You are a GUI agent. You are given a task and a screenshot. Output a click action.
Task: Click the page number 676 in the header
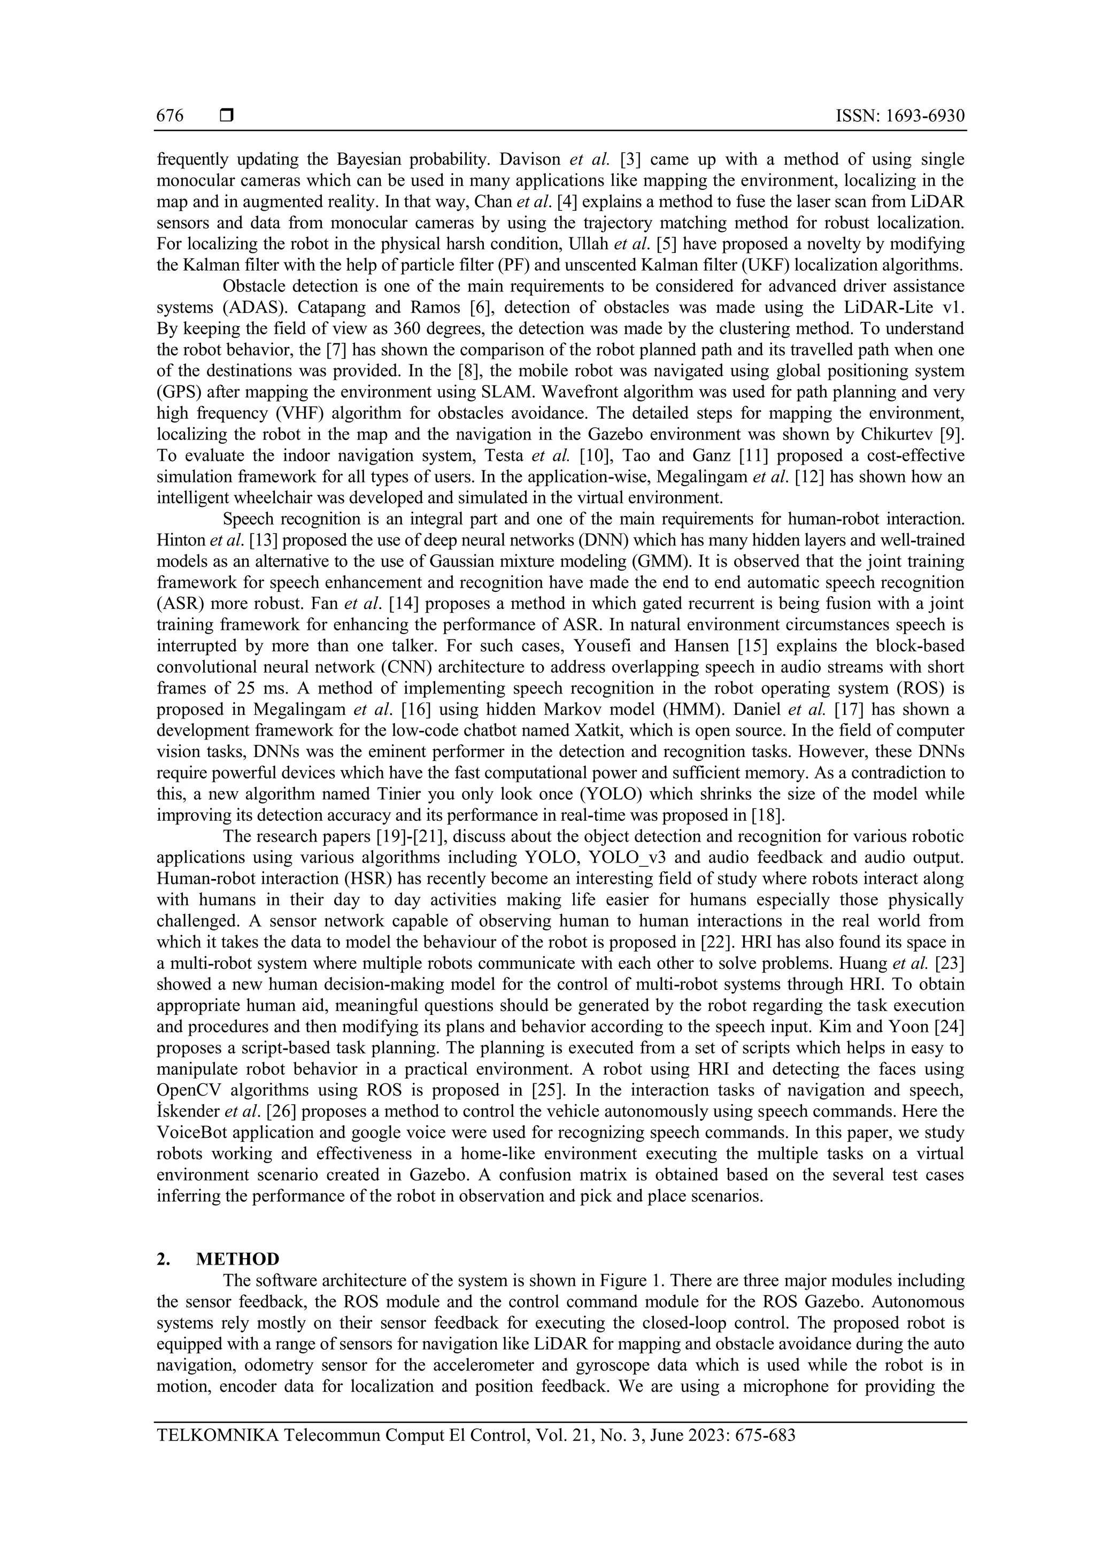[x=170, y=116]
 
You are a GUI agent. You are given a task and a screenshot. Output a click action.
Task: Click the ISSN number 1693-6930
[x=920, y=116]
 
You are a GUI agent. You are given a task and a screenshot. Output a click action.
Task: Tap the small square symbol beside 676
[x=227, y=116]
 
